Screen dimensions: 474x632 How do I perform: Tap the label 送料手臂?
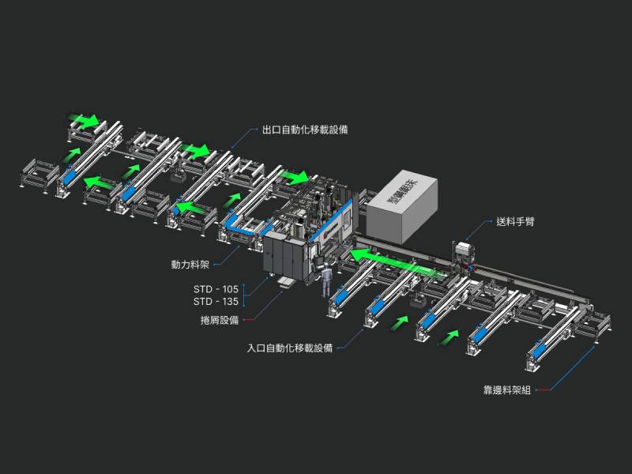(517, 222)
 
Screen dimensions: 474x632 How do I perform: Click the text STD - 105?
(216, 289)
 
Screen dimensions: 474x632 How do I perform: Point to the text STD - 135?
(216, 302)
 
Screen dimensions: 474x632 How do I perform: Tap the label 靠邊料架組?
(507, 390)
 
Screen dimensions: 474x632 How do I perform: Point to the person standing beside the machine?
(324, 280)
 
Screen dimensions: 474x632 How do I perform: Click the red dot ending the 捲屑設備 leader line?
(251, 320)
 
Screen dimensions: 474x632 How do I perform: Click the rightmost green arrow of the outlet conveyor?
(294, 177)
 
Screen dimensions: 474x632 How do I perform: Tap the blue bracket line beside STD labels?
(244, 295)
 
